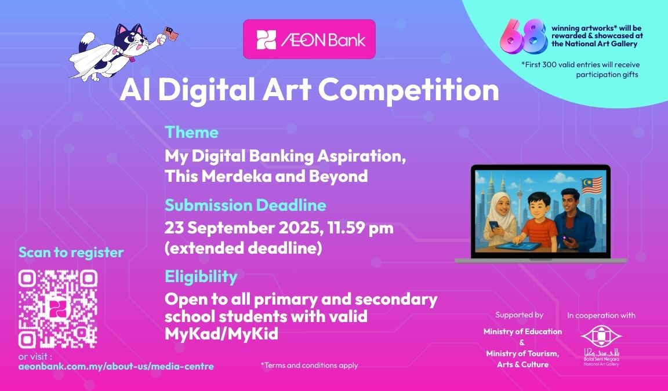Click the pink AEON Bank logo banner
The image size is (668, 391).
coord(309,39)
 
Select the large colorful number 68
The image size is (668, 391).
coord(524,36)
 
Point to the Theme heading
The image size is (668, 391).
coord(192,132)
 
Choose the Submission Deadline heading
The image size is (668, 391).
coord(245,205)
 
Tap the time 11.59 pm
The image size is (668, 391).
coord(361,228)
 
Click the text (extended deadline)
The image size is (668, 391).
coord(244,248)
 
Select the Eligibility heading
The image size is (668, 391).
coord(201,276)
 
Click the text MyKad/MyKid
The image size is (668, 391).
coord(222,334)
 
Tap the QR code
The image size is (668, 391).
coord(58,309)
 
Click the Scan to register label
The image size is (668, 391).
coord(71,253)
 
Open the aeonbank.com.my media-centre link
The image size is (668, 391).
coord(116,366)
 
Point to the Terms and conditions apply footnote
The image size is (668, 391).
coord(309,365)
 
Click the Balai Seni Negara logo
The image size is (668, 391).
coord(601,345)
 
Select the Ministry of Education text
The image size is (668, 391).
coord(522,331)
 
